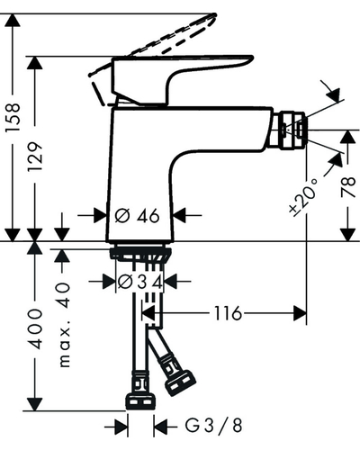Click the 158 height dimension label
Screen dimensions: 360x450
(13, 117)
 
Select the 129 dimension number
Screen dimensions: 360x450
(35, 157)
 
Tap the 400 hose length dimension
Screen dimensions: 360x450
(35, 328)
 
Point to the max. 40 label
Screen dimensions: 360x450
(64, 325)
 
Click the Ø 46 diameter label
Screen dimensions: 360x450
(138, 215)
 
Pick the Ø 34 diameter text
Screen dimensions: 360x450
(140, 282)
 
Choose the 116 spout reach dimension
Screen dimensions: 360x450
(228, 313)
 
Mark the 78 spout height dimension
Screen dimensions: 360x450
(348, 187)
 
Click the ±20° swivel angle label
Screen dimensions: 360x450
(304, 196)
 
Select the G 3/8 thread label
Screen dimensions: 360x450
(213, 426)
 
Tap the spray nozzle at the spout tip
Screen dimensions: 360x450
(292, 130)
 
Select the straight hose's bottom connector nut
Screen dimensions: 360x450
(141, 401)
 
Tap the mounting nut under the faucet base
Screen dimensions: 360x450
(140, 254)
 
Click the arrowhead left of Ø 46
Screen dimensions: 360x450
(100, 215)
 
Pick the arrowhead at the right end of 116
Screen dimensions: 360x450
(300, 313)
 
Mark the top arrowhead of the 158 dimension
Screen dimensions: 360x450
(13, 20)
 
